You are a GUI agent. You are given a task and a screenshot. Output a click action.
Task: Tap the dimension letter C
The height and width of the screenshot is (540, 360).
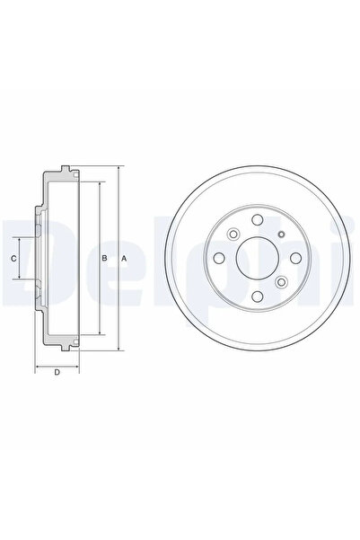point(13,260)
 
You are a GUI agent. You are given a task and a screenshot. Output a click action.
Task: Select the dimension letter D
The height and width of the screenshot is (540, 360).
point(57,374)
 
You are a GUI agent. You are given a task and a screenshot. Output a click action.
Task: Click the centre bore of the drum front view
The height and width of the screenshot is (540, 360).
point(255,260)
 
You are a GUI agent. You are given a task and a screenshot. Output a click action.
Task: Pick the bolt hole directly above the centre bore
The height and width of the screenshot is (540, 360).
point(255,221)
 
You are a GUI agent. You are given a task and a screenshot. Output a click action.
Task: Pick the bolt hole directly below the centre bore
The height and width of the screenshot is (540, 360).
point(255,298)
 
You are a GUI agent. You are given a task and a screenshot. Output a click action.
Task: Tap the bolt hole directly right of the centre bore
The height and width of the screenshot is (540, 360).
point(294,260)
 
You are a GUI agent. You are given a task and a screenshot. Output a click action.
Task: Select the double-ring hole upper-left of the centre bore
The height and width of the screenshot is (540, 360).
point(233,236)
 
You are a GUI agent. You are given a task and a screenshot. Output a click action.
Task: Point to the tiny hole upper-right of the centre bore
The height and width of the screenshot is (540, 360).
point(281,235)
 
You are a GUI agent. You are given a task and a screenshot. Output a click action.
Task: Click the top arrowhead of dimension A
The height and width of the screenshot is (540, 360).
point(119,168)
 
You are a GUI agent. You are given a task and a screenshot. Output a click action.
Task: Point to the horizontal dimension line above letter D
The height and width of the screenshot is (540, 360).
point(57,367)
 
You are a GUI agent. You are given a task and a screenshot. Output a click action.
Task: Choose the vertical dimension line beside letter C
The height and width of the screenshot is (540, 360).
point(21,260)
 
